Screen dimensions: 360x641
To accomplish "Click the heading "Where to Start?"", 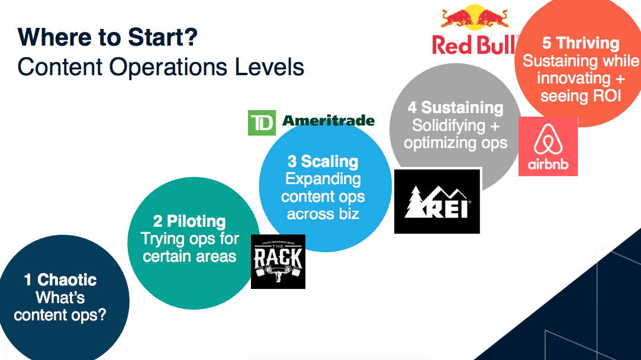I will pos(107,38).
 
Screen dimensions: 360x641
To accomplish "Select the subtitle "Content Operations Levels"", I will pos(160,67).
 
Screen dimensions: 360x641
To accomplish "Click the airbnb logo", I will pos(547,146).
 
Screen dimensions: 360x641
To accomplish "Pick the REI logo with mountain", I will pos(437,201).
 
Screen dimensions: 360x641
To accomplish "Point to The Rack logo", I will pos(278,261).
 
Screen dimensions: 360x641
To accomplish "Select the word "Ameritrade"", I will pos(328,121).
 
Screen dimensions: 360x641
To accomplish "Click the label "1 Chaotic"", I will pos(60,280).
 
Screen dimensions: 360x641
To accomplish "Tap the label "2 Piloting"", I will pos(189,222).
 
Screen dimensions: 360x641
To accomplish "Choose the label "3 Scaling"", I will pos(323,162).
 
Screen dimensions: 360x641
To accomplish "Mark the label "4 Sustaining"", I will pos(455,108).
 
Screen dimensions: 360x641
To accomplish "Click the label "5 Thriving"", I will pos(581,43).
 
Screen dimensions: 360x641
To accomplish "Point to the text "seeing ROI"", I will pos(581,96).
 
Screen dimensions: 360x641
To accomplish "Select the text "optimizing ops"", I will pos(455,143).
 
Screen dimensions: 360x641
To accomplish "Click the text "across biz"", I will pos(323,214).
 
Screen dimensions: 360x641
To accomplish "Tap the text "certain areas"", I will pos(189,256).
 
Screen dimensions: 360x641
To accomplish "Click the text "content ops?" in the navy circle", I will pos(60,314).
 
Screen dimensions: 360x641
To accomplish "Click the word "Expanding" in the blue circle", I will pos(323,179).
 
